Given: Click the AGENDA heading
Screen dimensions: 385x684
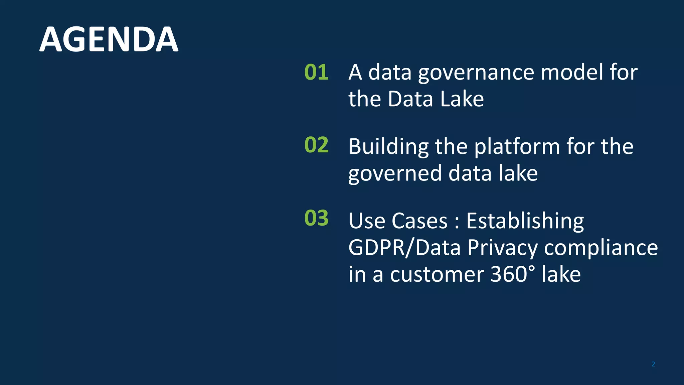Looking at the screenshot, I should pos(109,39).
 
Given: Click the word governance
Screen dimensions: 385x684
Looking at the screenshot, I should pos(476,73).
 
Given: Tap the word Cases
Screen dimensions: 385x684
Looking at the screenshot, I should pos(419,221).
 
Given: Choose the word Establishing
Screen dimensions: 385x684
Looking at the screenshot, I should pos(525,221).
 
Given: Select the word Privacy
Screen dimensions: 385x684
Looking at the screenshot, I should pos(502,248).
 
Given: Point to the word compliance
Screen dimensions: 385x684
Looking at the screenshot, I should pos(601,248).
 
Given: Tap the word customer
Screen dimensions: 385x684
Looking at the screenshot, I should pos(437,275).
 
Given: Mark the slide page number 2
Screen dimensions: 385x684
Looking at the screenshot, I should pos(653,364).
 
